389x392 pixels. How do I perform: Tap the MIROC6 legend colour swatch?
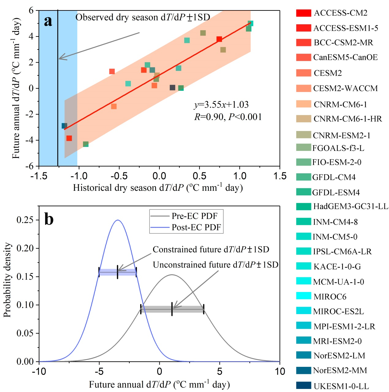point(303,296)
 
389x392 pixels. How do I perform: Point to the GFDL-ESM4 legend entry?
point(336,193)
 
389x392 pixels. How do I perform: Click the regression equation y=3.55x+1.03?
point(221,105)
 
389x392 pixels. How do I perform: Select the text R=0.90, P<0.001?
point(228,117)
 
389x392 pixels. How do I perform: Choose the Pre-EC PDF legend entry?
point(194,216)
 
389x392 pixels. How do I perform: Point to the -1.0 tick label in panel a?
point(79,176)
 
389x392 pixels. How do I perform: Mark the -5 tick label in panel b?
point(99,371)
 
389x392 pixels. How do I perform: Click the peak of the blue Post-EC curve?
point(118,220)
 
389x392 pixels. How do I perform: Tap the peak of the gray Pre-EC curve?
point(172,275)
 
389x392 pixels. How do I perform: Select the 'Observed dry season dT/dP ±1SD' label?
point(143,17)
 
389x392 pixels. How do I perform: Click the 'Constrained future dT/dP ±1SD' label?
point(211,250)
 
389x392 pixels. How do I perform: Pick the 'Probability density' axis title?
point(7,280)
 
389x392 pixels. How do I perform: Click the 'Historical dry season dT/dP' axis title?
point(158,188)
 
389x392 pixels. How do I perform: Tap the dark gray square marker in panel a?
point(173,87)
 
